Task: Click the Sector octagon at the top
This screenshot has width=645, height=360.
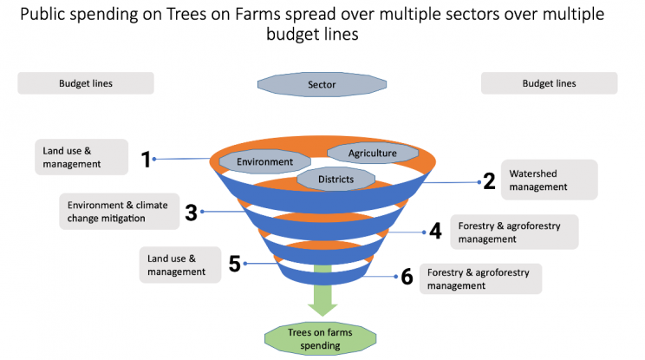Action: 322,84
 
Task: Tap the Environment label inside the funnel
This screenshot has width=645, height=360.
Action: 264,161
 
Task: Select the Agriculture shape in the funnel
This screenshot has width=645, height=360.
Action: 373,153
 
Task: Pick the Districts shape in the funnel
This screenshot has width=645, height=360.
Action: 336,179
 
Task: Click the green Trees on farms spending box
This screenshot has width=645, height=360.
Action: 320,338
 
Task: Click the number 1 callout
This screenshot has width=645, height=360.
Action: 146,160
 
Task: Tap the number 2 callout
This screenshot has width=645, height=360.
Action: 489,181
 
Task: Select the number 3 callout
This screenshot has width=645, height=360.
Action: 192,213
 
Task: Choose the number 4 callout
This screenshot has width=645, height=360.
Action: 435,231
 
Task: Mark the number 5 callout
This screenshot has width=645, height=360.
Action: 234,264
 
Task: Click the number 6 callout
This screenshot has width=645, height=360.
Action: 407,277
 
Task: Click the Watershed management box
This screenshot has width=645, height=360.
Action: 549,180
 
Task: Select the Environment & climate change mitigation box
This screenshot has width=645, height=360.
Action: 120,212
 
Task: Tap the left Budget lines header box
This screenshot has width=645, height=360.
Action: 86,83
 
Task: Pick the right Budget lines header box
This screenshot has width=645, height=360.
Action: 549,83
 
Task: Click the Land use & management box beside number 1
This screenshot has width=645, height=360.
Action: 81,157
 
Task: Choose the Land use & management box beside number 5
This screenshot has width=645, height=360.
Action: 180,265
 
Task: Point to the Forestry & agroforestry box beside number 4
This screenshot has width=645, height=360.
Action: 514,232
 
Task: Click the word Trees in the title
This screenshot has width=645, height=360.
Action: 186,15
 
